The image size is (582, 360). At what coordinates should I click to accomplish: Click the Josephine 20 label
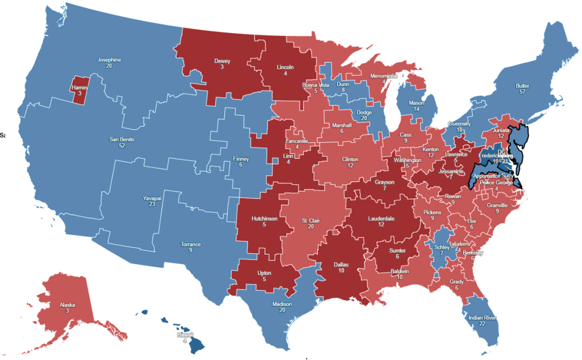tap(109, 63)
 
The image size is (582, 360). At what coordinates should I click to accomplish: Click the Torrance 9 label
tap(190, 247)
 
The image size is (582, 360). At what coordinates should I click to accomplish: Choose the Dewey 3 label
tap(222, 63)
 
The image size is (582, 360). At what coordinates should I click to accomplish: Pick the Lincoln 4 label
tap(285, 70)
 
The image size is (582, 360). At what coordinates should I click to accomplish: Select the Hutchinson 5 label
tap(264, 221)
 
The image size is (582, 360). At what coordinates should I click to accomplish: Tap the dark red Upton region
tap(264, 276)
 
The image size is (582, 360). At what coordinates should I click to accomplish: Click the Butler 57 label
tap(522, 89)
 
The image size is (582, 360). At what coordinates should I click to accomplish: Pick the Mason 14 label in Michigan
tap(417, 106)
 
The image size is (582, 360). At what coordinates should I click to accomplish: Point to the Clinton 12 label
tap(350, 163)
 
